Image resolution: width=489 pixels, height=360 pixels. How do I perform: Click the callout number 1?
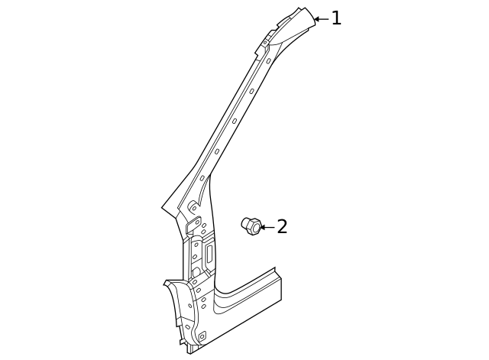pos(336,18)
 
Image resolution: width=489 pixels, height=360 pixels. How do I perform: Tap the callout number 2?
pos(282,226)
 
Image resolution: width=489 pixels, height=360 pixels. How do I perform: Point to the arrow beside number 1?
pos(321,19)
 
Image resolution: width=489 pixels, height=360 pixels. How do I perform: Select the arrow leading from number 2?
pos(267,227)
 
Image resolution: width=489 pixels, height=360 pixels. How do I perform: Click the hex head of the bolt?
pos(254,228)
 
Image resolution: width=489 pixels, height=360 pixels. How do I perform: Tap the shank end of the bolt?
pos(245,222)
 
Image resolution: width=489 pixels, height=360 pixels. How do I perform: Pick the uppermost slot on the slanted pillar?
pos(268,60)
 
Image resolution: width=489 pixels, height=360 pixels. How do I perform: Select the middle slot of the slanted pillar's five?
pos(235,121)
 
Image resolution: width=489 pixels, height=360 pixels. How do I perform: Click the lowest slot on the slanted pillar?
pos(202,178)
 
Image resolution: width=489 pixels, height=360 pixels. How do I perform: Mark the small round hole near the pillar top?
pos(265,42)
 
